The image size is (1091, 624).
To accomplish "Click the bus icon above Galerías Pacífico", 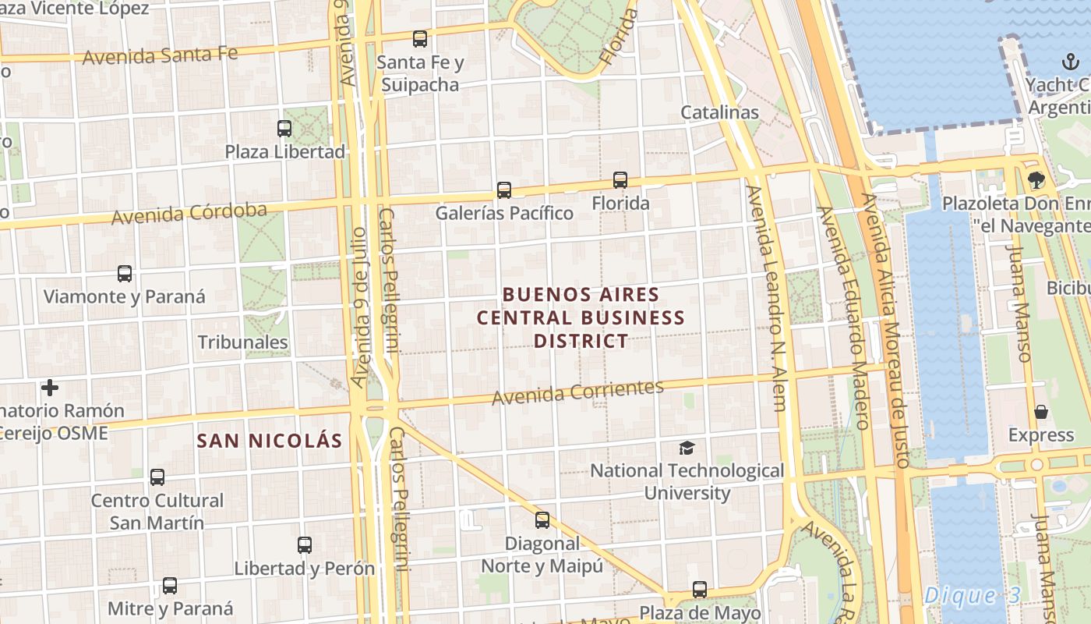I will click(x=504, y=190).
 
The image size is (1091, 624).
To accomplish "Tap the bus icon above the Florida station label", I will click(x=620, y=180).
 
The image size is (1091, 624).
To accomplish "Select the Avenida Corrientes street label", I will click(x=577, y=392).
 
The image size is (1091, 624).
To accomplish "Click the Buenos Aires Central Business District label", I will click(x=581, y=317).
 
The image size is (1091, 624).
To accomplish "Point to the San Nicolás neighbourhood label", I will click(x=270, y=441).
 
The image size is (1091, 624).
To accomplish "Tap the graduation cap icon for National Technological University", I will click(x=687, y=448).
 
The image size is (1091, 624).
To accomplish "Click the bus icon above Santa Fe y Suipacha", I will click(x=420, y=39).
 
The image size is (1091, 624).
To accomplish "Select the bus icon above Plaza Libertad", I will click(x=284, y=129).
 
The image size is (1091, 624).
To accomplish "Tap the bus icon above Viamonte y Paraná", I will click(x=125, y=274).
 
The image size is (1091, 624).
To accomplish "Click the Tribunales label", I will click(x=242, y=342).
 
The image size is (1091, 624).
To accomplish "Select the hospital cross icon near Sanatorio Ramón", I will click(x=50, y=388).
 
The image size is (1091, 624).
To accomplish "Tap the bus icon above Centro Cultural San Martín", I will click(x=157, y=477).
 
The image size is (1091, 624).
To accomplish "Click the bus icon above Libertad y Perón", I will click(x=305, y=545).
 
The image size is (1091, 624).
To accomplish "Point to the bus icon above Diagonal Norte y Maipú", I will click(x=542, y=520).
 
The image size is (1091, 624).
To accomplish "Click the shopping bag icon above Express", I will click(x=1041, y=412).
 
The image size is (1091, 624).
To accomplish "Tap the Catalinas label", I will click(x=719, y=112).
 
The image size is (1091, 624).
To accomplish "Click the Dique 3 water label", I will click(x=972, y=596).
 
